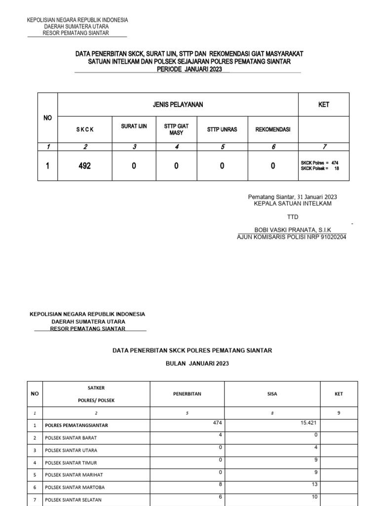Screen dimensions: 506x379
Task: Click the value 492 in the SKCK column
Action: click(x=84, y=167)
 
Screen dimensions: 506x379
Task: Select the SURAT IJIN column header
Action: click(x=134, y=127)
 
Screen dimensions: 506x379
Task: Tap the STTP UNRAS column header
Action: click(x=222, y=129)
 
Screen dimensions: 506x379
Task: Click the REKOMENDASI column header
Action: click(x=273, y=129)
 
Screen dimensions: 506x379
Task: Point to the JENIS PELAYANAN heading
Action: click(x=178, y=105)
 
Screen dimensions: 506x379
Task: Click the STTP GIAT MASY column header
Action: click(x=176, y=129)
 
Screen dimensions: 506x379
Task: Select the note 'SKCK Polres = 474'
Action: click(x=319, y=163)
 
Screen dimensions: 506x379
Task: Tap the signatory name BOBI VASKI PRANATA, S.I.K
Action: click(x=292, y=230)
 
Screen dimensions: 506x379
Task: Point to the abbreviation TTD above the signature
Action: click(x=293, y=217)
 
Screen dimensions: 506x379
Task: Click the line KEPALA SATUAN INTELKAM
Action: click(x=292, y=203)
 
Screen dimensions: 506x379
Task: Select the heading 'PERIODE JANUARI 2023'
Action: click(x=189, y=70)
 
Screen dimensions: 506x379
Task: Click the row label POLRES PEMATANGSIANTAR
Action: click(x=76, y=425)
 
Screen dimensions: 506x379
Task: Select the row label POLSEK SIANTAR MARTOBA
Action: click(x=75, y=487)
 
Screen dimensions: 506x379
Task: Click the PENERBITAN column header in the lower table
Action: click(x=187, y=394)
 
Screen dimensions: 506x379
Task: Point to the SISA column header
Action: click(x=272, y=394)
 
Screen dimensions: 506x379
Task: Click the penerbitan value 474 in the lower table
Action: click(x=217, y=422)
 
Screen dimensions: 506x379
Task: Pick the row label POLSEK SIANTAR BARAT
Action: click(x=71, y=438)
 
